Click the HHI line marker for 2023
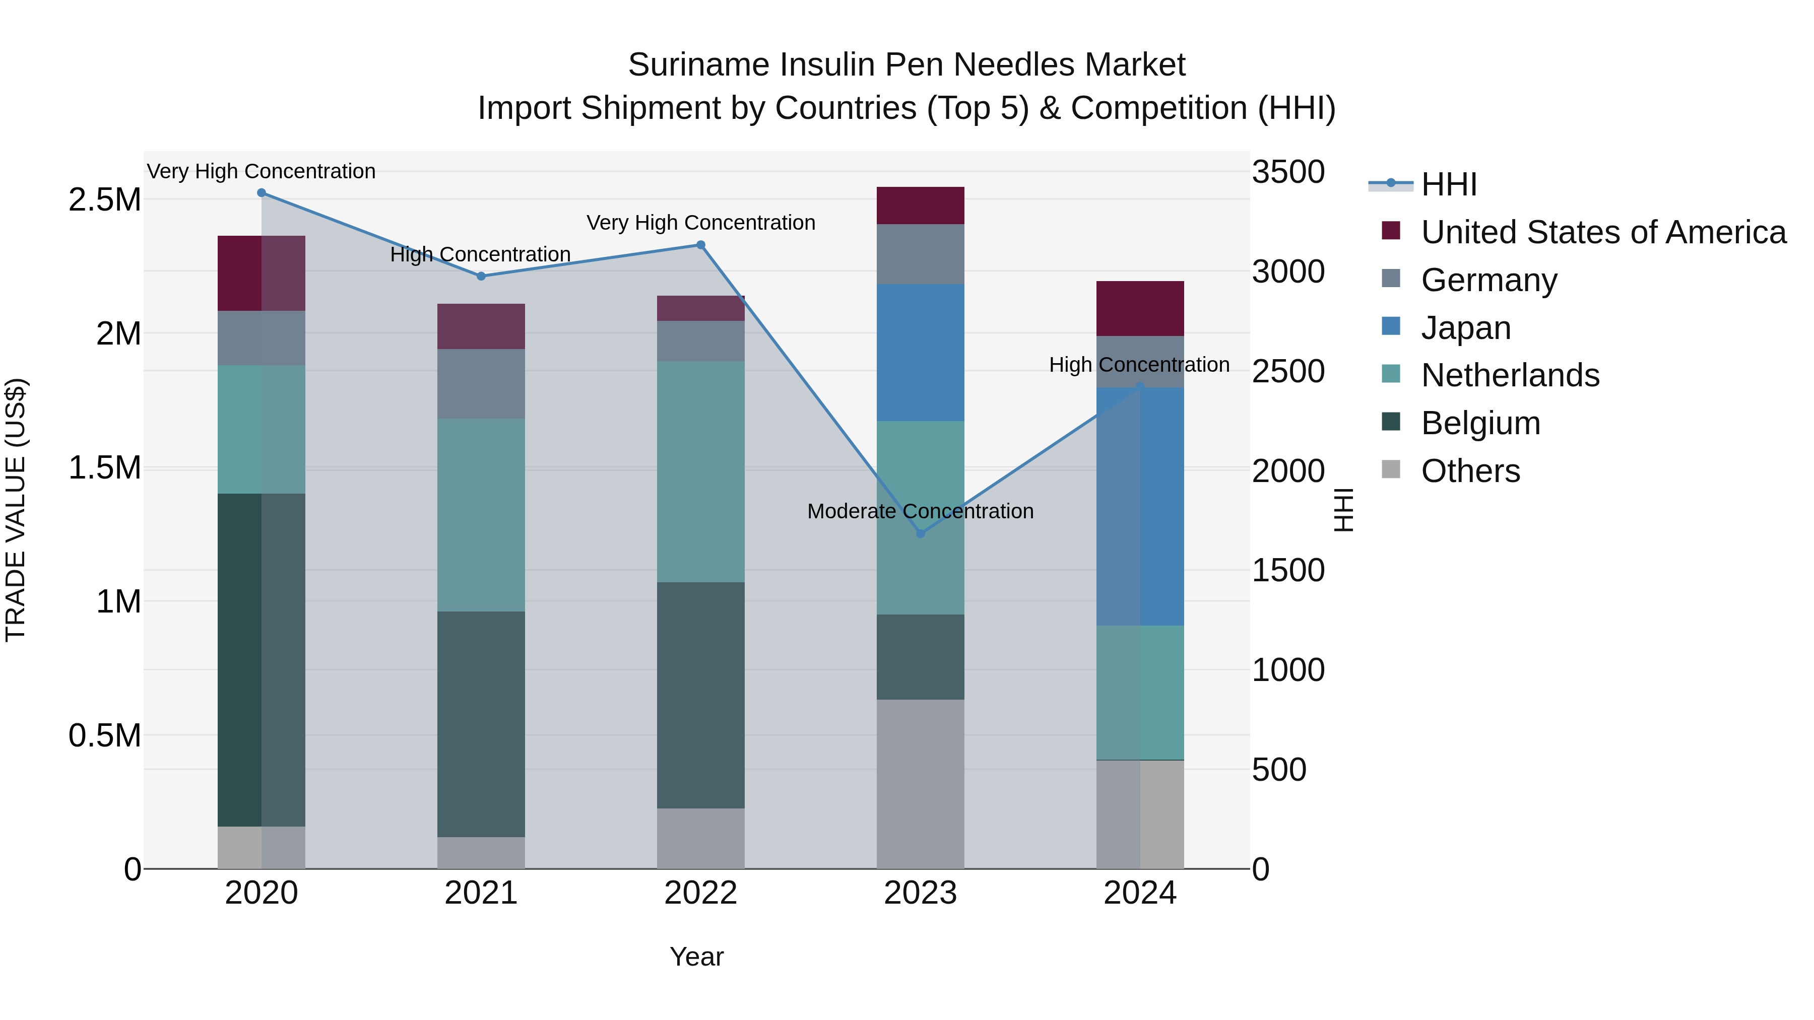(921, 533)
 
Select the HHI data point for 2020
(261, 193)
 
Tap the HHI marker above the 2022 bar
(701, 245)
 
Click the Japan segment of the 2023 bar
(921, 352)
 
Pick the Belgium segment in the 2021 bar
(481, 724)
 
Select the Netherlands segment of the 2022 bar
(701, 471)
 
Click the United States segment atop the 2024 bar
(1140, 308)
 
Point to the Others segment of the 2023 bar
(921, 783)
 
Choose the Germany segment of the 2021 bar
(481, 384)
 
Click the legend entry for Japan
(1465, 328)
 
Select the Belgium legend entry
(1480, 423)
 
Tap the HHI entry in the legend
(1449, 184)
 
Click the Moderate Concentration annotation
(921, 511)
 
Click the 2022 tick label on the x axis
(701, 893)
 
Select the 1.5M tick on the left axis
(105, 467)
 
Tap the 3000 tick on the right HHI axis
(1288, 271)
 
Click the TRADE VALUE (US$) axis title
(16, 510)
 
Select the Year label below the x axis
(696, 957)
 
